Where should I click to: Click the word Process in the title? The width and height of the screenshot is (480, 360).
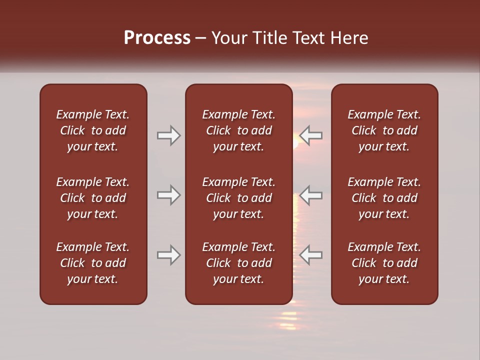click(x=157, y=38)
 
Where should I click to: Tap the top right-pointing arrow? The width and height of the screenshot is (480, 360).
click(x=168, y=135)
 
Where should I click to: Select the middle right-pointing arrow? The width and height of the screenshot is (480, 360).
click(x=168, y=195)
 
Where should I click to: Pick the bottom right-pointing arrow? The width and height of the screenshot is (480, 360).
click(x=168, y=255)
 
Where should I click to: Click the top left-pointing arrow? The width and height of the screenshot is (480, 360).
click(x=311, y=135)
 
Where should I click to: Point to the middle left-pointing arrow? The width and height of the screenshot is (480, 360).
click(x=311, y=195)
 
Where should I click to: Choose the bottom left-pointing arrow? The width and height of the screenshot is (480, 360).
click(x=311, y=255)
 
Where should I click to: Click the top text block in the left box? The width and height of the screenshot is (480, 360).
click(x=93, y=130)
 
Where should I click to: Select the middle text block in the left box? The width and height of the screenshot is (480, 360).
click(x=93, y=198)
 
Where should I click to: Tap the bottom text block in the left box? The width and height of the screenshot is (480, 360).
click(x=93, y=263)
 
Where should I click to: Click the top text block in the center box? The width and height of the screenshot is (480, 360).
click(x=238, y=130)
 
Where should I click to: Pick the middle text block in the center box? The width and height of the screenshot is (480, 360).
click(x=238, y=198)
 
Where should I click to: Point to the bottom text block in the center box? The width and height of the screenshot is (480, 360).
click(x=238, y=263)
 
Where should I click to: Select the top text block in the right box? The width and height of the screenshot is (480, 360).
click(x=384, y=130)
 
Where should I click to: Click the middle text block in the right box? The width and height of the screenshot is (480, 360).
click(x=384, y=198)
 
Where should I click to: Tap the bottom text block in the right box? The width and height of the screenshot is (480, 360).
click(x=384, y=263)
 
